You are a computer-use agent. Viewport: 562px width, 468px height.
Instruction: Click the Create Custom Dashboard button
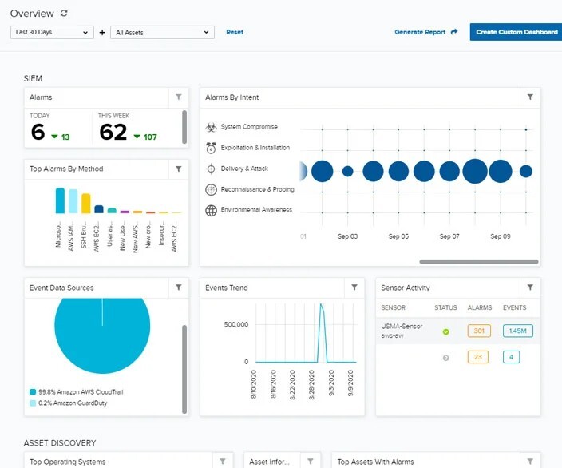[x=516, y=32]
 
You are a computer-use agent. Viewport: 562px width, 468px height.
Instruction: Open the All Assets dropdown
[x=162, y=32]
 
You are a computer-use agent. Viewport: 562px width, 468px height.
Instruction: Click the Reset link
[x=235, y=32]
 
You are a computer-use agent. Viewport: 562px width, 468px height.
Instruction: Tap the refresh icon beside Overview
[x=64, y=14]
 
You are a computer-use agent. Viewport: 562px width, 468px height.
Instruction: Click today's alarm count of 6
[x=38, y=132]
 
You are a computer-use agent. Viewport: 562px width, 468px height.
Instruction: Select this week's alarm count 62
[x=113, y=132]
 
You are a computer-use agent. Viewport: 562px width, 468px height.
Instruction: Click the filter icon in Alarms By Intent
[x=529, y=97]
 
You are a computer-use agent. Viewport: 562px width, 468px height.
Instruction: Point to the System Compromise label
[x=249, y=127]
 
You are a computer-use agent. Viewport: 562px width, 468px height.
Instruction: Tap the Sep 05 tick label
[x=398, y=236]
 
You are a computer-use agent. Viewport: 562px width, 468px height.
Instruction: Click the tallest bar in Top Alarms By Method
[x=60, y=200]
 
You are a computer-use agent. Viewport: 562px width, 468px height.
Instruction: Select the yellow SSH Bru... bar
[x=86, y=204]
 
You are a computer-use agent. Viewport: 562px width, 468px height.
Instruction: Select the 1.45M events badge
[x=517, y=331]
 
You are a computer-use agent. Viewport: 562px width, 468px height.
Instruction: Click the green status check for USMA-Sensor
[x=445, y=331]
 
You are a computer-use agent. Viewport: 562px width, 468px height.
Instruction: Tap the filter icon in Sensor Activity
[x=529, y=288]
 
